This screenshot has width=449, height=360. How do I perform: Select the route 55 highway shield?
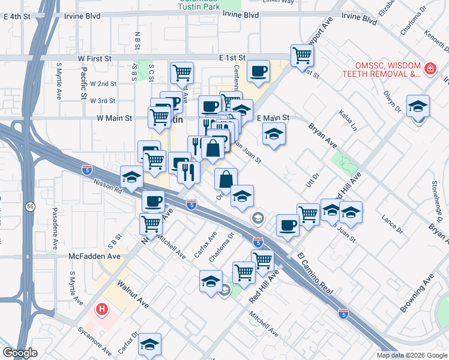click(x=31, y=206)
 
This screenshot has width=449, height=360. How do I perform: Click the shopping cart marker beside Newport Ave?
click(x=303, y=55)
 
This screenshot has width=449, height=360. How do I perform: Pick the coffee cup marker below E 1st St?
click(x=259, y=71)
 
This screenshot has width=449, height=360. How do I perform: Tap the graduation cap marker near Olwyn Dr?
click(x=418, y=106)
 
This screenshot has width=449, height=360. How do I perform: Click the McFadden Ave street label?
click(x=94, y=256)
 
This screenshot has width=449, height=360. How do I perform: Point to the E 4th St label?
click(x=16, y=16)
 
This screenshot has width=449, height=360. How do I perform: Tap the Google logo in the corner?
click(x=19, y=353)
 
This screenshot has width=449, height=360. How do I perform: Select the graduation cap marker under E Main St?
click(x=274, y=133)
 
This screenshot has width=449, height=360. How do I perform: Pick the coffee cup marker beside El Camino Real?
click(x=288, y=225)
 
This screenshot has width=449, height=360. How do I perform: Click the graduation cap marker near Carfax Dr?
click(x=149, y=344)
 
